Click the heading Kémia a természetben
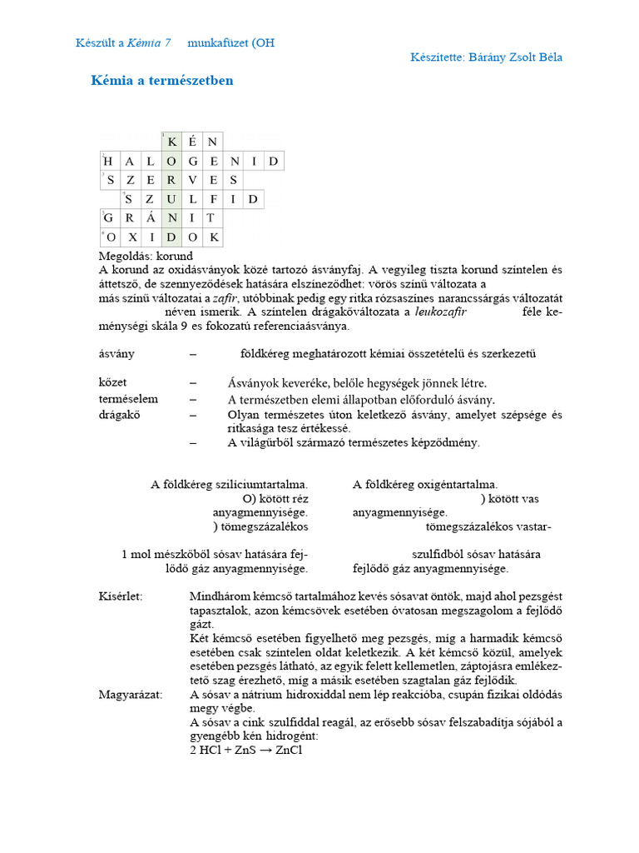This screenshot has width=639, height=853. pos(161,81)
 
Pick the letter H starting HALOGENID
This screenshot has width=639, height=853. pos(108,161)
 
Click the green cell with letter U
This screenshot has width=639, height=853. pos(171,199)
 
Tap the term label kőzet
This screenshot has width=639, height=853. pos(112,382)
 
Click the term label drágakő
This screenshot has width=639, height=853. pos(118,414)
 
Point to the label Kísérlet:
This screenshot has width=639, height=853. pos(121,596)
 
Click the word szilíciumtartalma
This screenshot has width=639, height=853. pos(263,484)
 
